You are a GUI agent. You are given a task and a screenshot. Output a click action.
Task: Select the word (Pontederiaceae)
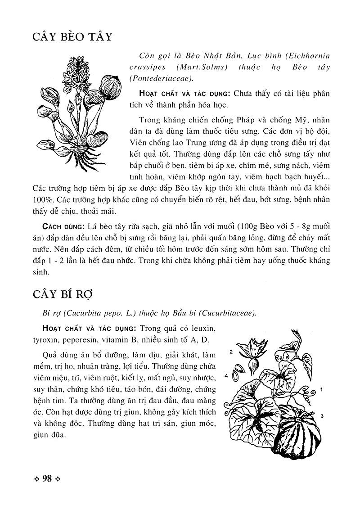pyautogui.click(x=162, y=78)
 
